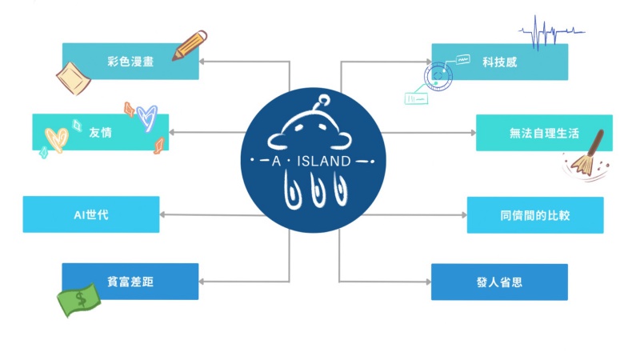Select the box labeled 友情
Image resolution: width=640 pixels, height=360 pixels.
coord(100,133)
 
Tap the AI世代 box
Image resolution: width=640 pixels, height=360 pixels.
coord(91,214)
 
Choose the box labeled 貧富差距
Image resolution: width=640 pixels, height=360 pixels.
coord(130,282)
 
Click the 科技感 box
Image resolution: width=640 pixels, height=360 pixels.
coord(500,62)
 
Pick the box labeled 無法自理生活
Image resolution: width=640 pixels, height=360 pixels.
coord(544,133)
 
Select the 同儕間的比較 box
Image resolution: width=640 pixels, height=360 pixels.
coord(535,214)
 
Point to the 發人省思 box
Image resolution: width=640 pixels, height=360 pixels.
coord(500,282)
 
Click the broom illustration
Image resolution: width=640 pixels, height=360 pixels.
coord(587,155)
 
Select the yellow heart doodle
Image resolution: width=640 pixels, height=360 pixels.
coord(55,138)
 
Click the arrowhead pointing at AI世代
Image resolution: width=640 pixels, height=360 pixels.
coord(164,214)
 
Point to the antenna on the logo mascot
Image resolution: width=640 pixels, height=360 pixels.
coord(322,102)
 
